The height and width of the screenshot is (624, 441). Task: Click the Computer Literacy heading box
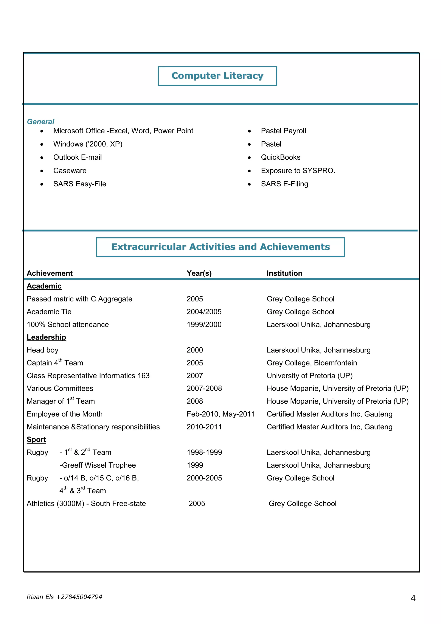217,76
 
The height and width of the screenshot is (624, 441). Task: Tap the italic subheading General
40,122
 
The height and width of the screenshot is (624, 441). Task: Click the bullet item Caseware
70,171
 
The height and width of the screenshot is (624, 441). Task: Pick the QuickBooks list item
281,157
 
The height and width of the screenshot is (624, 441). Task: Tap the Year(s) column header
199,273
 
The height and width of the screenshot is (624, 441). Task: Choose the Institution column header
284,273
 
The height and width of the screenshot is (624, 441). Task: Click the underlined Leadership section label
47,337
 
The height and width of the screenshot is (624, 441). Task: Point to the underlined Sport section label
36,440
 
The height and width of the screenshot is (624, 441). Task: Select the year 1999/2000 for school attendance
204,324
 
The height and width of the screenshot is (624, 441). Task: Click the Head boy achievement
43,350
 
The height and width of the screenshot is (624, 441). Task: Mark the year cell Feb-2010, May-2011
221,414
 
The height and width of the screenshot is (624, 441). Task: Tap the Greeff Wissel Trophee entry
98,465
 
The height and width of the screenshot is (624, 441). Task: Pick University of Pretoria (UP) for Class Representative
310,376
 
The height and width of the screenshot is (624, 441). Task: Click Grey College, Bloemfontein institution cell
312,363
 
